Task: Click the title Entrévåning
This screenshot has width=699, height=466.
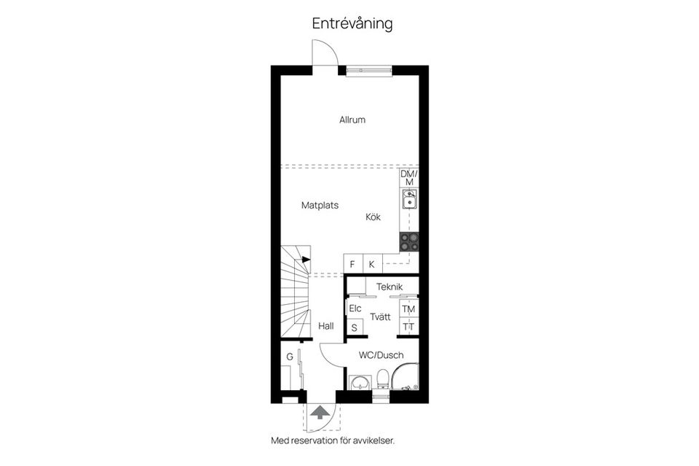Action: click(352, 23)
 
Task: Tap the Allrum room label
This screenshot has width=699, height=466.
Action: click(352, 120)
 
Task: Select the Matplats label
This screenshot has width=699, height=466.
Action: click(320, 206)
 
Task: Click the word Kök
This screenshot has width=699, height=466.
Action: click(373, 217)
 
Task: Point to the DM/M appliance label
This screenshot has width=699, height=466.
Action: click(409, 178)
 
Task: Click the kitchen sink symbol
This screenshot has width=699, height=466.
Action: click(409, 200)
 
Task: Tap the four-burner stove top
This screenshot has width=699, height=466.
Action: click(409, 242)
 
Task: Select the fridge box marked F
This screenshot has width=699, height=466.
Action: click(353, 264)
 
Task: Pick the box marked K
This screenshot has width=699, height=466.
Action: click(373, 264)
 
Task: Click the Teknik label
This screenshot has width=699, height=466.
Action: click(390, 287)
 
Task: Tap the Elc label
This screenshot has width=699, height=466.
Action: click(355, 308)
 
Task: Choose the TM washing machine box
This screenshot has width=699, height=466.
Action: click(408, 309)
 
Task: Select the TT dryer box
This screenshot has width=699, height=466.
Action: click(408, 327)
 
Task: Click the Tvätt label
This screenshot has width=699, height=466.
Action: click(380, 317)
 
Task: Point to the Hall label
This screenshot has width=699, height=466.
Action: click(326, 326)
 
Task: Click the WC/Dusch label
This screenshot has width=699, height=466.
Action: click(381, 355)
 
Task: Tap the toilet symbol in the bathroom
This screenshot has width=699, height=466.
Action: click(382, 379)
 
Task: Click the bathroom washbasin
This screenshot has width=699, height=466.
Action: click(360, 383)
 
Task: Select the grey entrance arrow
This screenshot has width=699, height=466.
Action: click(318, 412)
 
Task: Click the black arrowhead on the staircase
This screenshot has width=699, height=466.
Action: click(307, 260)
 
